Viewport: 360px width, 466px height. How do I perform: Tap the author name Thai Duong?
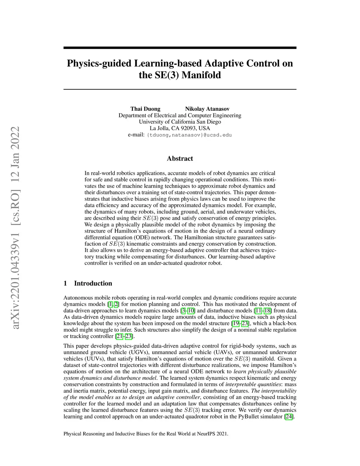145,109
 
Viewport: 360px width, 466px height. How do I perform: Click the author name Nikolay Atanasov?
207,109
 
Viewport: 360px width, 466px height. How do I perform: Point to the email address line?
180,135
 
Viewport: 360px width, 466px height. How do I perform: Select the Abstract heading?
180,159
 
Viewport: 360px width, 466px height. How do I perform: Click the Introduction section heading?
93,283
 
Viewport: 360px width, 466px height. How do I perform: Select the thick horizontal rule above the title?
180,48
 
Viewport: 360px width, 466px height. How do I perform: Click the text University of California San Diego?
180,122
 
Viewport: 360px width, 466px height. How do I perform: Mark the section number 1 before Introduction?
65,283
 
